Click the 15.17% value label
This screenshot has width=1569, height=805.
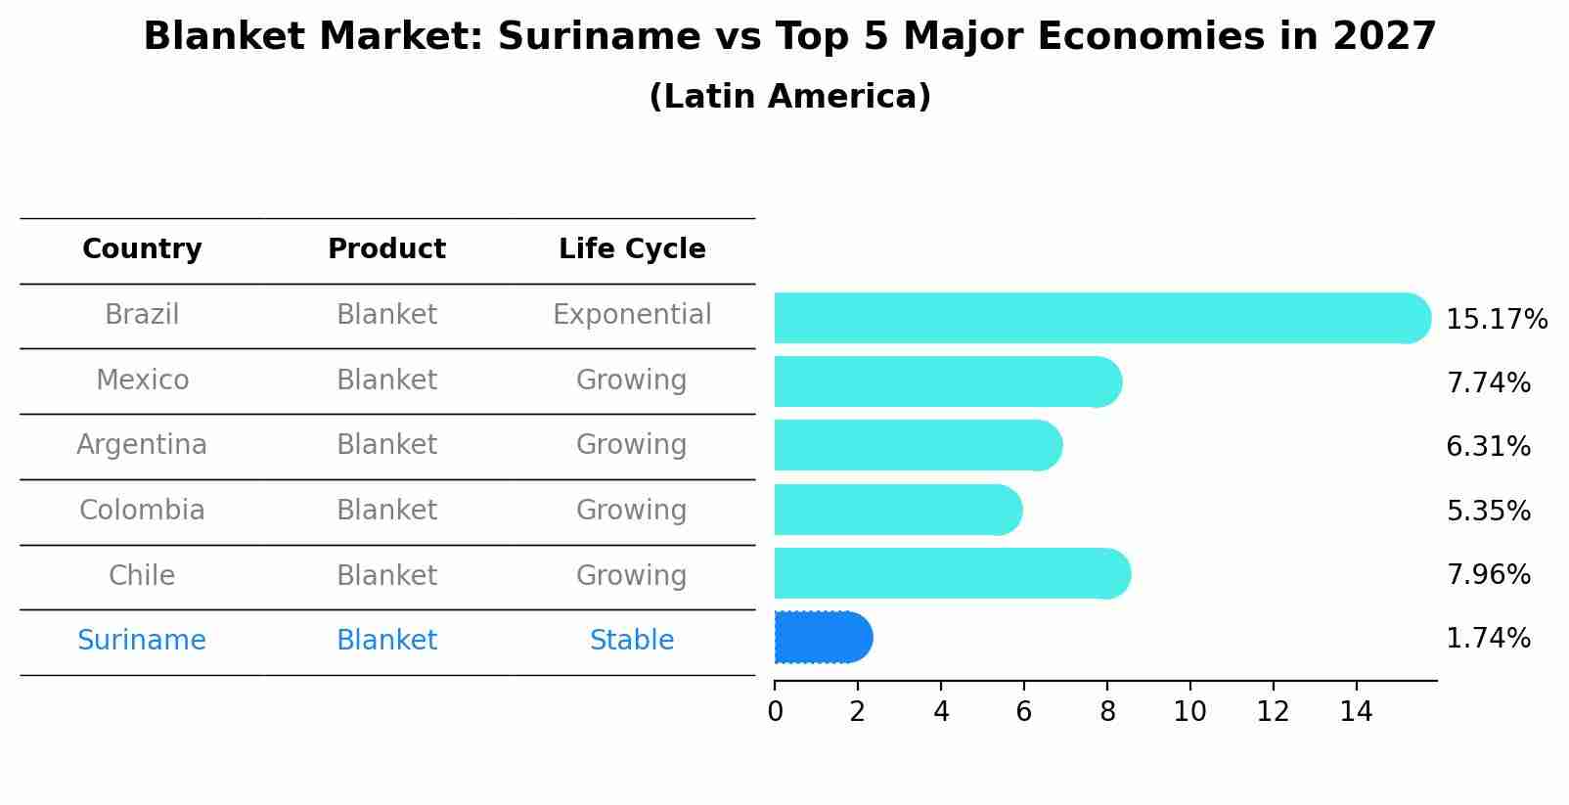[1496, 320]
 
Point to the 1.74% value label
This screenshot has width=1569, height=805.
[1488, 639]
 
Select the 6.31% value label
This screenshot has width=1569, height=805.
[1488, 447]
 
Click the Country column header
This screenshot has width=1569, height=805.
[142, 249]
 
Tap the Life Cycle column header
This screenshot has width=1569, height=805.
[632, 249]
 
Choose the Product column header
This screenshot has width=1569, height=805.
[386, 249]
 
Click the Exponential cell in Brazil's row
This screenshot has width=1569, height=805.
[632, 315]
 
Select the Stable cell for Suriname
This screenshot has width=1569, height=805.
[632, 641]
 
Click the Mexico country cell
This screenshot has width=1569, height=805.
[142, 380]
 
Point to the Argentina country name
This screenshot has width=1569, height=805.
[142, 445]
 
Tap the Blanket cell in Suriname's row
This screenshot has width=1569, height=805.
[386, 641]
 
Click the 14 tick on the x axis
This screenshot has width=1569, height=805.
[1356, 712]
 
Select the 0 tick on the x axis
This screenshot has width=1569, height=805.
[775, 712]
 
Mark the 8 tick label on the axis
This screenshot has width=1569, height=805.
[1107, 712]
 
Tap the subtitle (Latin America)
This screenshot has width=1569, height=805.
[789, 97]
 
